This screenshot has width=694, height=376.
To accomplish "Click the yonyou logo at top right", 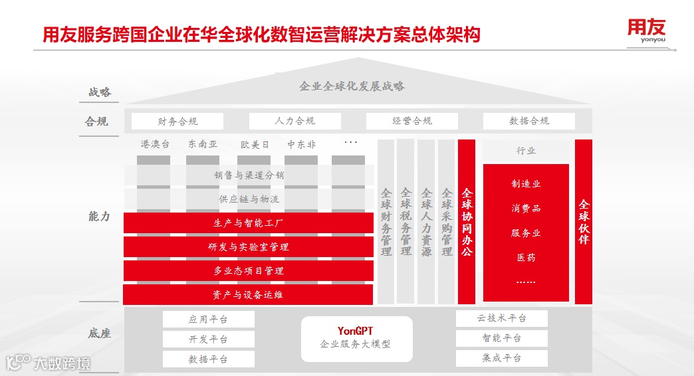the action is coord(645,31).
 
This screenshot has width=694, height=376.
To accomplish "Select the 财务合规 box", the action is coord(177,121).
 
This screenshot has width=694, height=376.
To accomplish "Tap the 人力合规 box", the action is coord(294,121).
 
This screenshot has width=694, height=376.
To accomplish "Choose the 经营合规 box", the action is coord(411,121).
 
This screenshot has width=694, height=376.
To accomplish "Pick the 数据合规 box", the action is coord(528,121).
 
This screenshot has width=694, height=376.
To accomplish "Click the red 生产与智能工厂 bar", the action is coord(248,223).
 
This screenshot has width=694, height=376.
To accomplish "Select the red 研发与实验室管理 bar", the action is coord(248,247).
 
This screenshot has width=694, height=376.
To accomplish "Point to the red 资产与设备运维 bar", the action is coord(248,294).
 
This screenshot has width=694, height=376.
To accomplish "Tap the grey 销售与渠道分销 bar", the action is coord(248,175).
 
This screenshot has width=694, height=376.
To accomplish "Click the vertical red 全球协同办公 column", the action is coord(467,222).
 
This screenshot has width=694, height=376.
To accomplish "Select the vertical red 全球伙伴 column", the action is coord(583,222).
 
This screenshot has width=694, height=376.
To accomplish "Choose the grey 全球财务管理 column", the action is coord(386,222).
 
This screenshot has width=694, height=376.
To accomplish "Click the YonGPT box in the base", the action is coord(356,338).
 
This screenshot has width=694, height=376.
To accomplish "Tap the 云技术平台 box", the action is coord(501,318).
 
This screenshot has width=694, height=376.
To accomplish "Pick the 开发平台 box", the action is coord(208,339).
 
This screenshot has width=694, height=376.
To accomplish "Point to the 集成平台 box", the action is coord(501,358).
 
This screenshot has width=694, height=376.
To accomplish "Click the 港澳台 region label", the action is coord(154,143).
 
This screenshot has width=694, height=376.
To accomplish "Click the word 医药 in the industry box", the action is coord(526,257).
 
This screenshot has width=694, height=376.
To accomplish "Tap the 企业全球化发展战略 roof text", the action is coord(352,86).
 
